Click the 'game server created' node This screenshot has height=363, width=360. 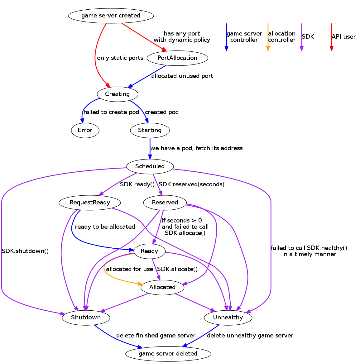tap(111, 16)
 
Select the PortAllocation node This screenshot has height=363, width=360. tap(177, 58)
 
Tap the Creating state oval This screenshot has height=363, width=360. tap(117, 94)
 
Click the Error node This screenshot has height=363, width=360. tap(85, 130)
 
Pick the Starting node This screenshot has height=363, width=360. tap(150, 130)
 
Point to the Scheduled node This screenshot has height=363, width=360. tap(150, 166)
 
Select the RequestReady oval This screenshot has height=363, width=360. tap(90, 203)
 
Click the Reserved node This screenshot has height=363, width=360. tap(165, 203)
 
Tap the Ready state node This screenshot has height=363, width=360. tap(149, 251)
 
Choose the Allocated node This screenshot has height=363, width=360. tap(162, 287)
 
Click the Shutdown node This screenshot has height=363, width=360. tap(86, 318)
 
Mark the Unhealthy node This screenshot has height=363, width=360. tap(228, 318)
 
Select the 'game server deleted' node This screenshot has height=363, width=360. tap(168, 354)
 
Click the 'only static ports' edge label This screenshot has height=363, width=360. tap(120, 58)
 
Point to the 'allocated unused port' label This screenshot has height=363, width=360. tap(182, 76)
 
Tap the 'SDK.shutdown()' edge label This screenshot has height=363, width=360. tap(25, 251)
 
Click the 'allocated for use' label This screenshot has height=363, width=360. tap(129, 269)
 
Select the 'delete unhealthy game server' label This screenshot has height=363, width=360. tap(250, 336)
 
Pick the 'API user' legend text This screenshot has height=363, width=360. tap(343, 37)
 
